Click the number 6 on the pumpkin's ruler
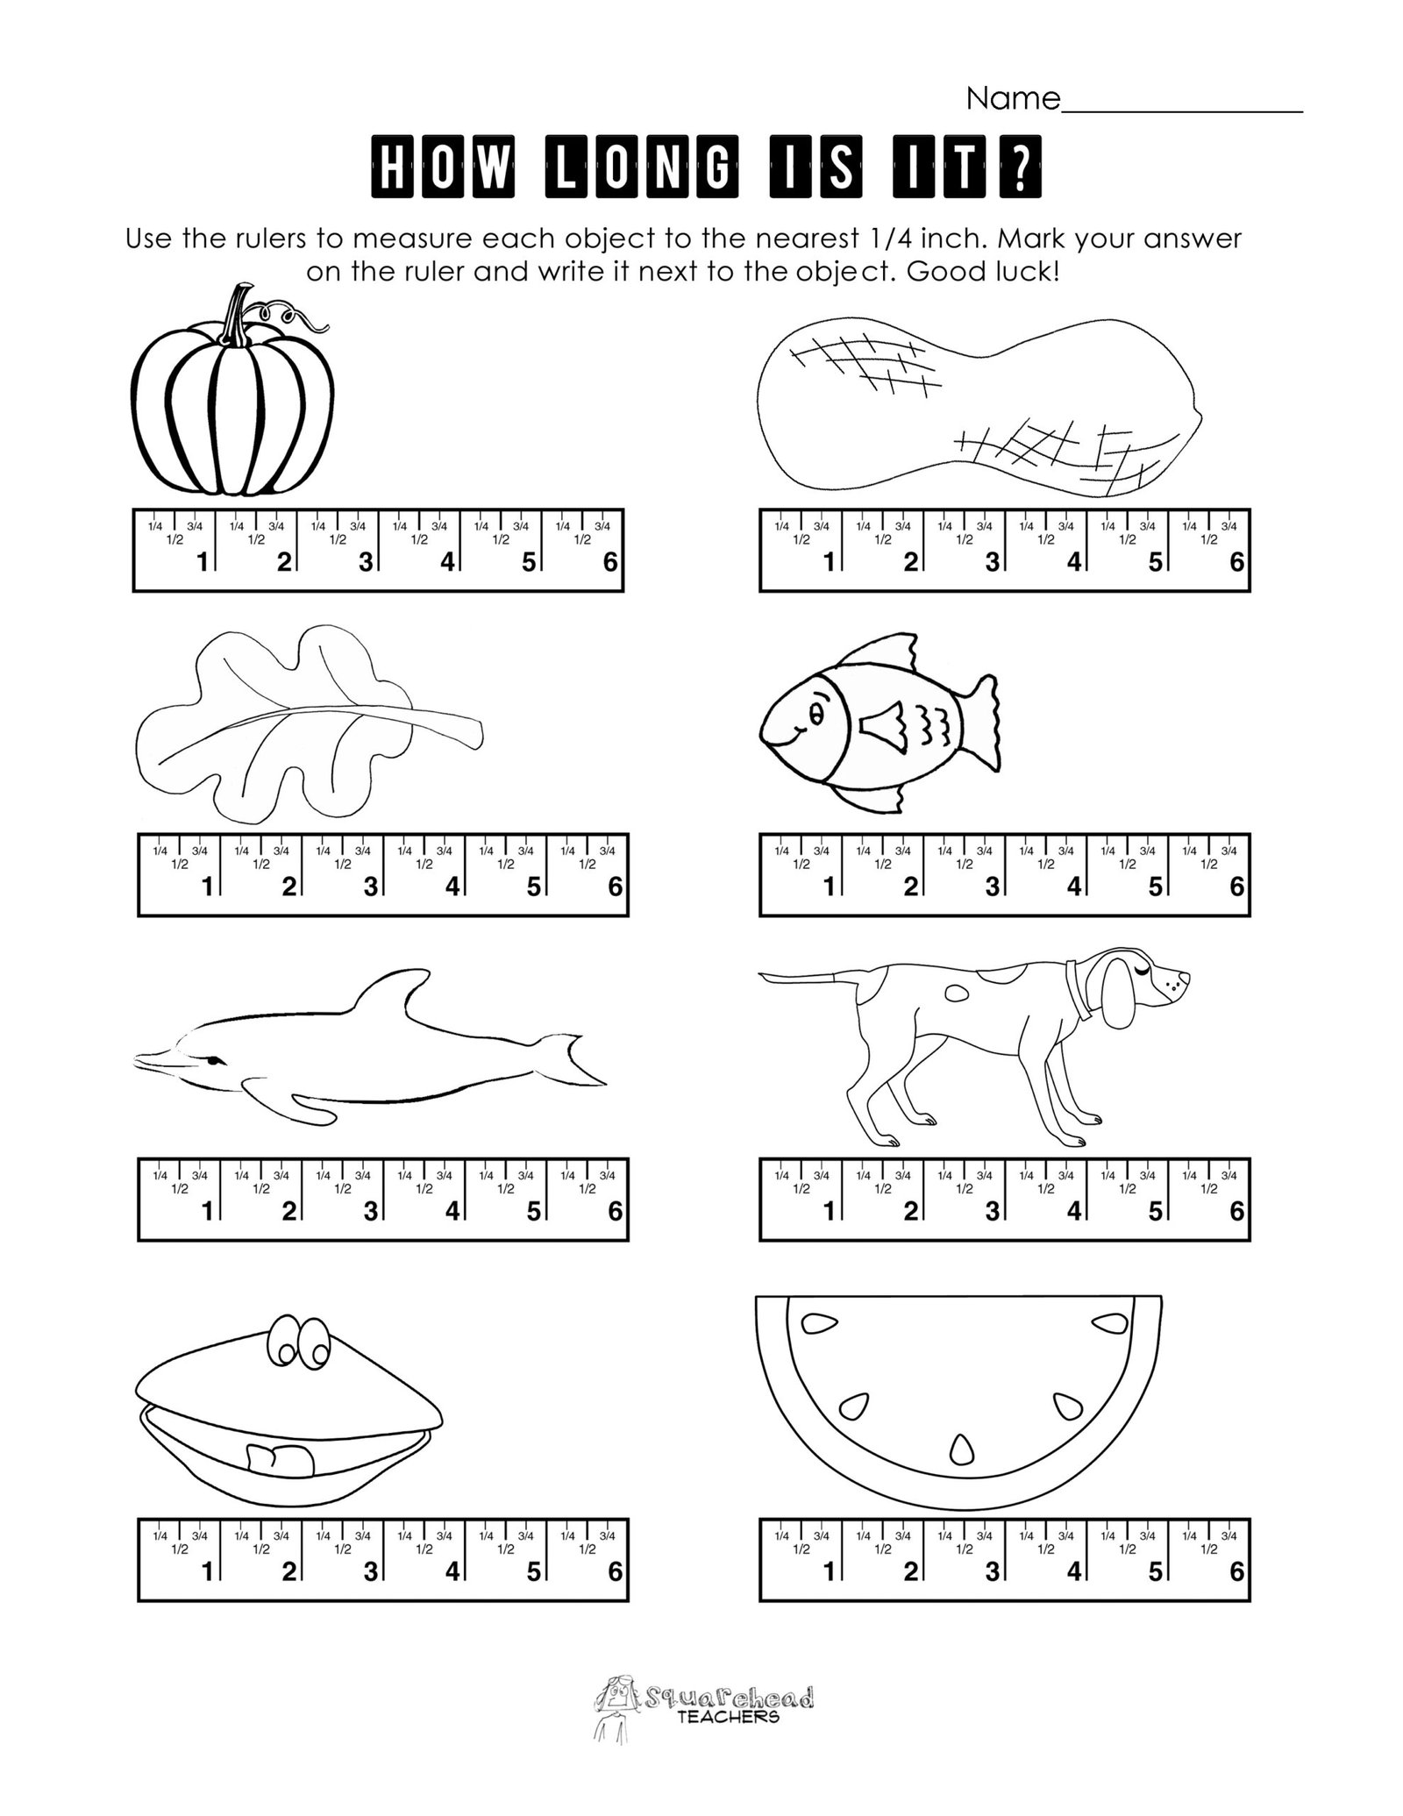[610, 563]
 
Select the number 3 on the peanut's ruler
[992, 563]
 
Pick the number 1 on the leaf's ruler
[208, 887]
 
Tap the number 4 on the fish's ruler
[1073, 887]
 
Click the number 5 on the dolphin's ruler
[533, 1212]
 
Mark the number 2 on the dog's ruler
[910, 1212]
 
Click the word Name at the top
[1013, 100]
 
